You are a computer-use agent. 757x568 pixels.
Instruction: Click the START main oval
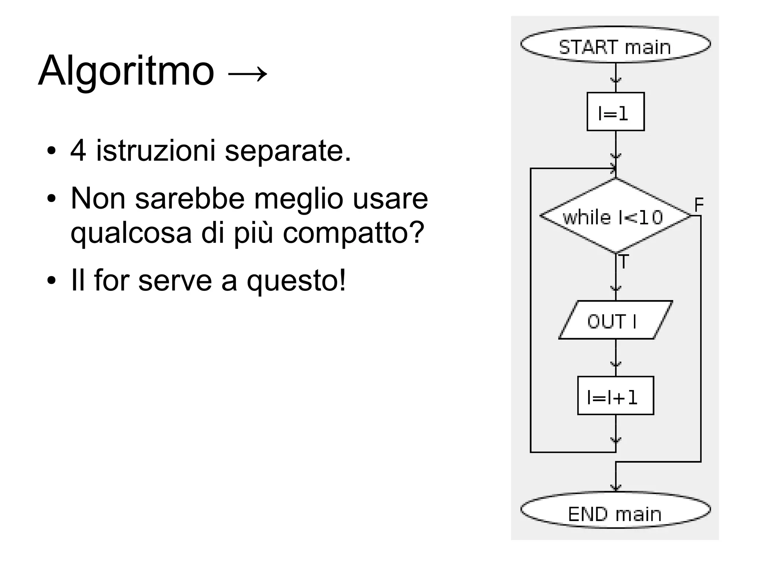(615, 45)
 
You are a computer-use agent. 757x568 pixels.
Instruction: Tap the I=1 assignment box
(615, 112)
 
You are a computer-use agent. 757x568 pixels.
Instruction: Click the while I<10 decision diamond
(615, 216)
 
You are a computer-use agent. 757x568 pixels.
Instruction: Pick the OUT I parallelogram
(615, 320)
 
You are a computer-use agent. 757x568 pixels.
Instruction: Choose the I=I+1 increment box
(615, 396)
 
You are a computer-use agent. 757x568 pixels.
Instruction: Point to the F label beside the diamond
(699, 204)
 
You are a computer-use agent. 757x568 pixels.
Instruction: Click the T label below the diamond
(624, 262)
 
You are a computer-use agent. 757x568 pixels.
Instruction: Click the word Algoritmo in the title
(126, 71)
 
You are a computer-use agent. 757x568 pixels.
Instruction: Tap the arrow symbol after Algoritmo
(247, 73)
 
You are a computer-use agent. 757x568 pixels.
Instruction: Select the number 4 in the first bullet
(78, 151)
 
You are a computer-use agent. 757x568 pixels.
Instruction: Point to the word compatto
(353, 233)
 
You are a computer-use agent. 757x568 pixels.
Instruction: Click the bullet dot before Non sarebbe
(51, 199)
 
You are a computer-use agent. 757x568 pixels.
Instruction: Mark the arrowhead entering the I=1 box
(615, 81)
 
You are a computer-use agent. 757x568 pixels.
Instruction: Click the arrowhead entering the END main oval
(615, 488)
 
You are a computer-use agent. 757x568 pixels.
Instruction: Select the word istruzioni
(156, 151)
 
